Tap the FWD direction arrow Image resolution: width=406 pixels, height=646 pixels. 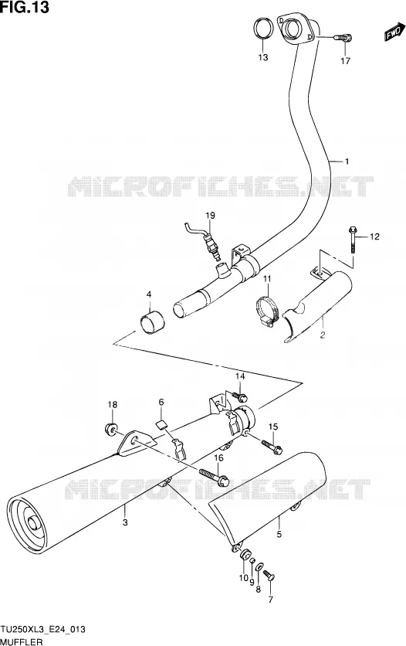point(393,32)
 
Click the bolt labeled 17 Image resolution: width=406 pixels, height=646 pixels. point(343,38)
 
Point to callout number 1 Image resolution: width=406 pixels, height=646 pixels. point(347,161)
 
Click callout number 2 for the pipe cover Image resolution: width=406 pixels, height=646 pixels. point(323,335)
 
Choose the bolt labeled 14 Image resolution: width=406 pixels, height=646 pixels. point(240,396)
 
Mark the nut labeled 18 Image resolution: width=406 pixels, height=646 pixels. point(110,430)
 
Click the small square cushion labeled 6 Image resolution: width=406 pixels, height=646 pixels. point(161,424)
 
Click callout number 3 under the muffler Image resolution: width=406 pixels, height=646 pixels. point(125,522)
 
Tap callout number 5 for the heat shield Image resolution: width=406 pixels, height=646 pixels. point(279,535)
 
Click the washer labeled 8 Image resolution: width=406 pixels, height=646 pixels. point(259,569)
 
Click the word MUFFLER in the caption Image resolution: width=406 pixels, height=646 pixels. point(22,642)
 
